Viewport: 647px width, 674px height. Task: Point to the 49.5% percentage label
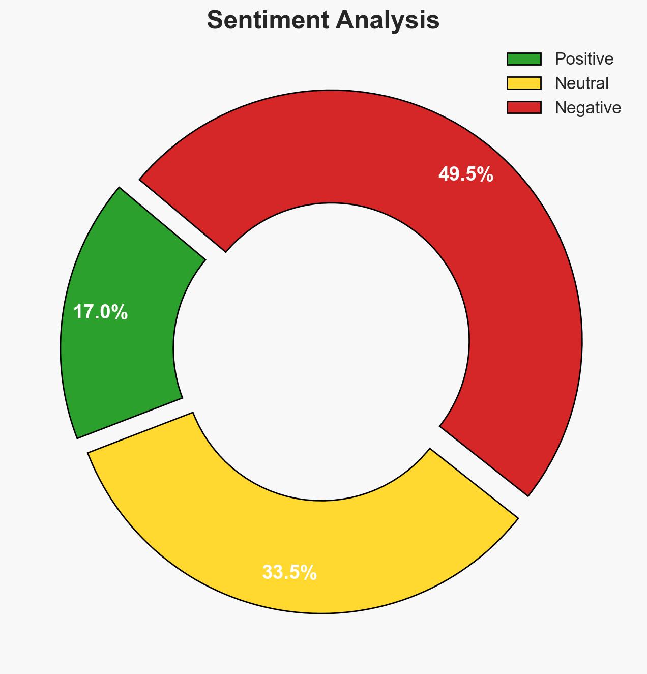click(x=465, y=174)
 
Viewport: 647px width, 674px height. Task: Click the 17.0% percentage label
click(x=100, y=312)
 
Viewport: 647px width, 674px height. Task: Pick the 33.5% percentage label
click(x=289, y=573)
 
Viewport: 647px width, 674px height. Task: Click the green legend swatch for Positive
click(x=523, y=59)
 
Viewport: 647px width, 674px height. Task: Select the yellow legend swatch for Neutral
click(x=523, y=83)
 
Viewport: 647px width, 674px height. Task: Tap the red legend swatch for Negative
click(x=523, y=107)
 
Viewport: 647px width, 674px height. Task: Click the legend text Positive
click(x=584, y=59)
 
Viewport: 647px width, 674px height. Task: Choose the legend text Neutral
click(x=581, y=83)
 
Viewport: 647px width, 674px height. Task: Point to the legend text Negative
click(x=587, y=108)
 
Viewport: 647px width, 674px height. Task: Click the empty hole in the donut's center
click(x=321, y=351)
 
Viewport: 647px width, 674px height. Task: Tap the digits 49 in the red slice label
click(x=449, y=174)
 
